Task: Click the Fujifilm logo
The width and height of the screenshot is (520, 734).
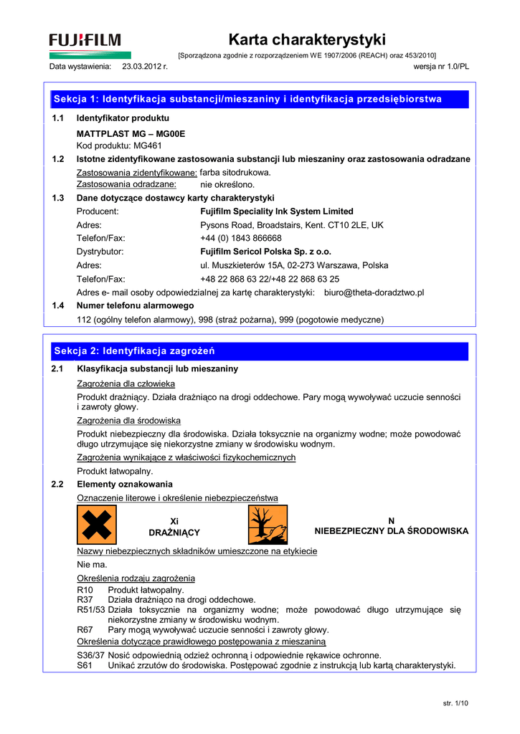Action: coord(85,40)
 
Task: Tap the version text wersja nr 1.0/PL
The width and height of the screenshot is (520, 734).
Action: coord(442,67)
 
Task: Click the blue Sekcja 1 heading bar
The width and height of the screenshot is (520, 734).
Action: coord(258,99)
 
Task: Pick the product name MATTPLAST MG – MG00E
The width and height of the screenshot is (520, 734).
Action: coord(131,133)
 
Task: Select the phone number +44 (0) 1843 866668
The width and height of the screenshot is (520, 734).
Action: coord(241,238)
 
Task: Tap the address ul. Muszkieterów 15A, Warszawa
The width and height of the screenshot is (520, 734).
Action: coord(294,265)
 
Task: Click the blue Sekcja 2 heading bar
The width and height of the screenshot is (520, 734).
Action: coord(258,351)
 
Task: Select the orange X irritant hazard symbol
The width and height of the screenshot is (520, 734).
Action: coord(97,525)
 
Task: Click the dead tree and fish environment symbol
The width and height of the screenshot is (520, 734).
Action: coord(268,525)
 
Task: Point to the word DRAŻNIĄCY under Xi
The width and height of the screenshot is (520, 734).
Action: coord(174,533)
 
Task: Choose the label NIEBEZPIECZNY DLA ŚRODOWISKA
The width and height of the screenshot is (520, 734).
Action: coord(392,531)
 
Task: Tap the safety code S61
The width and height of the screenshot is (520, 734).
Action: coord(85,665)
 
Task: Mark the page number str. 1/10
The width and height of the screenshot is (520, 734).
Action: coord(455,705)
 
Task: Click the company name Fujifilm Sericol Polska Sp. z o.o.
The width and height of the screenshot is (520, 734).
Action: coord(266,252)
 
